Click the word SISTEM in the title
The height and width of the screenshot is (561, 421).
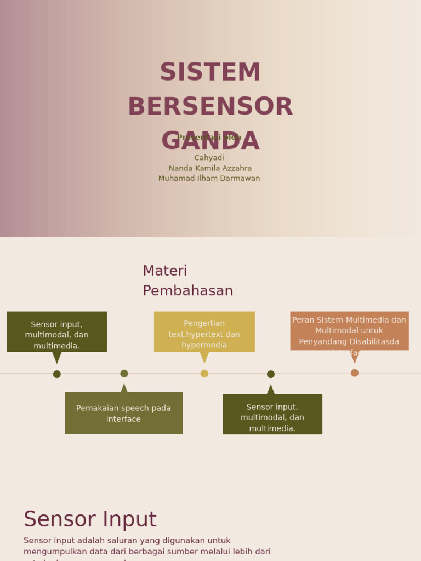coord(210,72)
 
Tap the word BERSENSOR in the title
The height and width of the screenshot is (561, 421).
coord(210,107)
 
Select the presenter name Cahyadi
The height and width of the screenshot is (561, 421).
coord(209,158)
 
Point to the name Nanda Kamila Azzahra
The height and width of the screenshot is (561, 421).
coord(210,168)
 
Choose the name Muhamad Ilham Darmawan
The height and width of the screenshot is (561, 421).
coord(209,178)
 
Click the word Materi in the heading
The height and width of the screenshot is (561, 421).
coord(165,271)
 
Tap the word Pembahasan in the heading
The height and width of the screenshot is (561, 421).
coord(188,291)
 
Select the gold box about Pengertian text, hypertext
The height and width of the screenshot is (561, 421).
coord(204,331)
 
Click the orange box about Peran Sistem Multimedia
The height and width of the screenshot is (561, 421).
coord(349,331)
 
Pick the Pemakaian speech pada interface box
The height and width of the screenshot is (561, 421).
coord(123,413)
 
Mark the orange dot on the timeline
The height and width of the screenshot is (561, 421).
coord(355,373)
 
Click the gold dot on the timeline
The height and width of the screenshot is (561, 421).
coord(204,374)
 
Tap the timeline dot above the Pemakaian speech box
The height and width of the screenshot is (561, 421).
coord(124,374)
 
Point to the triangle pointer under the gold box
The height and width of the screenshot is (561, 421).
coord(204,357)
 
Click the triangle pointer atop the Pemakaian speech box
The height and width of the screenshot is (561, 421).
coord(124,388)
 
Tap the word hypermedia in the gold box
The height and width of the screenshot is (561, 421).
coord(204,345)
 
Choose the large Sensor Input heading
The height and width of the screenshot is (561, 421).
coord(90,519)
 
